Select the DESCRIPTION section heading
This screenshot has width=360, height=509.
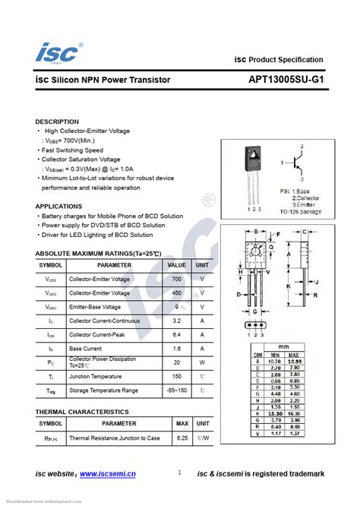click(57, 122)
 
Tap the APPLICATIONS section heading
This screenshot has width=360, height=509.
click(58, 206)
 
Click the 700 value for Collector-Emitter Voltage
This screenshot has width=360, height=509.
click(176, 279)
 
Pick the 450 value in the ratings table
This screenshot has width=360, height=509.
click(176, 292)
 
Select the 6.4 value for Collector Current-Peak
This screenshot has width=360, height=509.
click(176, 334)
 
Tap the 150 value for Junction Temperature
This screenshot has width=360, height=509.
click(176, 376)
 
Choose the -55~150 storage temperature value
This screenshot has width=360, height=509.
click(176, 390)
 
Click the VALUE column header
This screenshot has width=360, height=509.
click(176, 265)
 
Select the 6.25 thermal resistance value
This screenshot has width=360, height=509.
click(182, 438)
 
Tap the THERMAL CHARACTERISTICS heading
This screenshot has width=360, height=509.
click(82, 411)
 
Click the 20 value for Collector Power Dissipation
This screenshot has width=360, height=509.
click(176, 362)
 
